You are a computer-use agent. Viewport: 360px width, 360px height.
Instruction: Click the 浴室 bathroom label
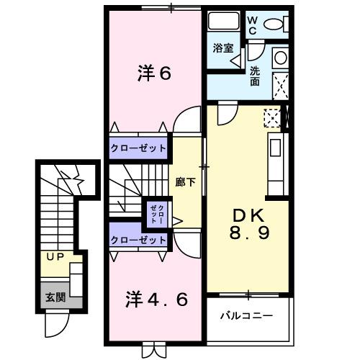pyautogui.click(x=222, y=48)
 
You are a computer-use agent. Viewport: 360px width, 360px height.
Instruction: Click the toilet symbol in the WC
pyautogui.click(x=274, y=24)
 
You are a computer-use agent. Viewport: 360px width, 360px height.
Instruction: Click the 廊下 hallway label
pyautogui.click(x=185, y=181)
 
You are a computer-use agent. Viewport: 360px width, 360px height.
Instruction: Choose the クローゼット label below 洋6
pyautogui.click(x=139, y=148)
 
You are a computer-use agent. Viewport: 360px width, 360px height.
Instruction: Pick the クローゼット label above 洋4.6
pyautogui.click(x=139, y=240)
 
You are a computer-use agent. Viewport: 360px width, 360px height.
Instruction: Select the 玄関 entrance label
pyautogui.click(x=55, y=296)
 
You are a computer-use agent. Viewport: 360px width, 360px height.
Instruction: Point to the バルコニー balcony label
pyautogui.click(x=246, y=315)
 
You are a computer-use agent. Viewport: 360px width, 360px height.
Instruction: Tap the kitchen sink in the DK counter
pyautogui.click(x=275, y=150)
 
